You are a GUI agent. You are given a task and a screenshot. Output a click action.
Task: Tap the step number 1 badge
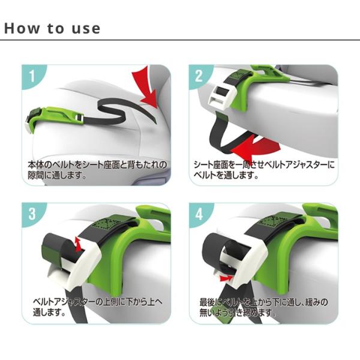tap(32, 76)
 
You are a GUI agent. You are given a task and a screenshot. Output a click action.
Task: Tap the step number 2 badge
tap(199, 76)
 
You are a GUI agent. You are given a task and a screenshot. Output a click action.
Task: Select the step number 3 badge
tap(32, 214)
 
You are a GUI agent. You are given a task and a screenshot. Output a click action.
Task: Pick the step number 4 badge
tap(199, 214)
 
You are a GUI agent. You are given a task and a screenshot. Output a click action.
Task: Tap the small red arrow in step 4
tap(226, 278)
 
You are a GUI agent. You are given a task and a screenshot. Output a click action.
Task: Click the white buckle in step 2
tap(222, 98)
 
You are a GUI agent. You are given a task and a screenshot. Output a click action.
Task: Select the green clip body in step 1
tap(58, 116)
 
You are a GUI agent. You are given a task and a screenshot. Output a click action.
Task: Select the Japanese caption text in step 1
tap(97, 170)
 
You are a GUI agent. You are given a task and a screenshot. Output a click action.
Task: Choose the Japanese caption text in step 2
tap(264, 170)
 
